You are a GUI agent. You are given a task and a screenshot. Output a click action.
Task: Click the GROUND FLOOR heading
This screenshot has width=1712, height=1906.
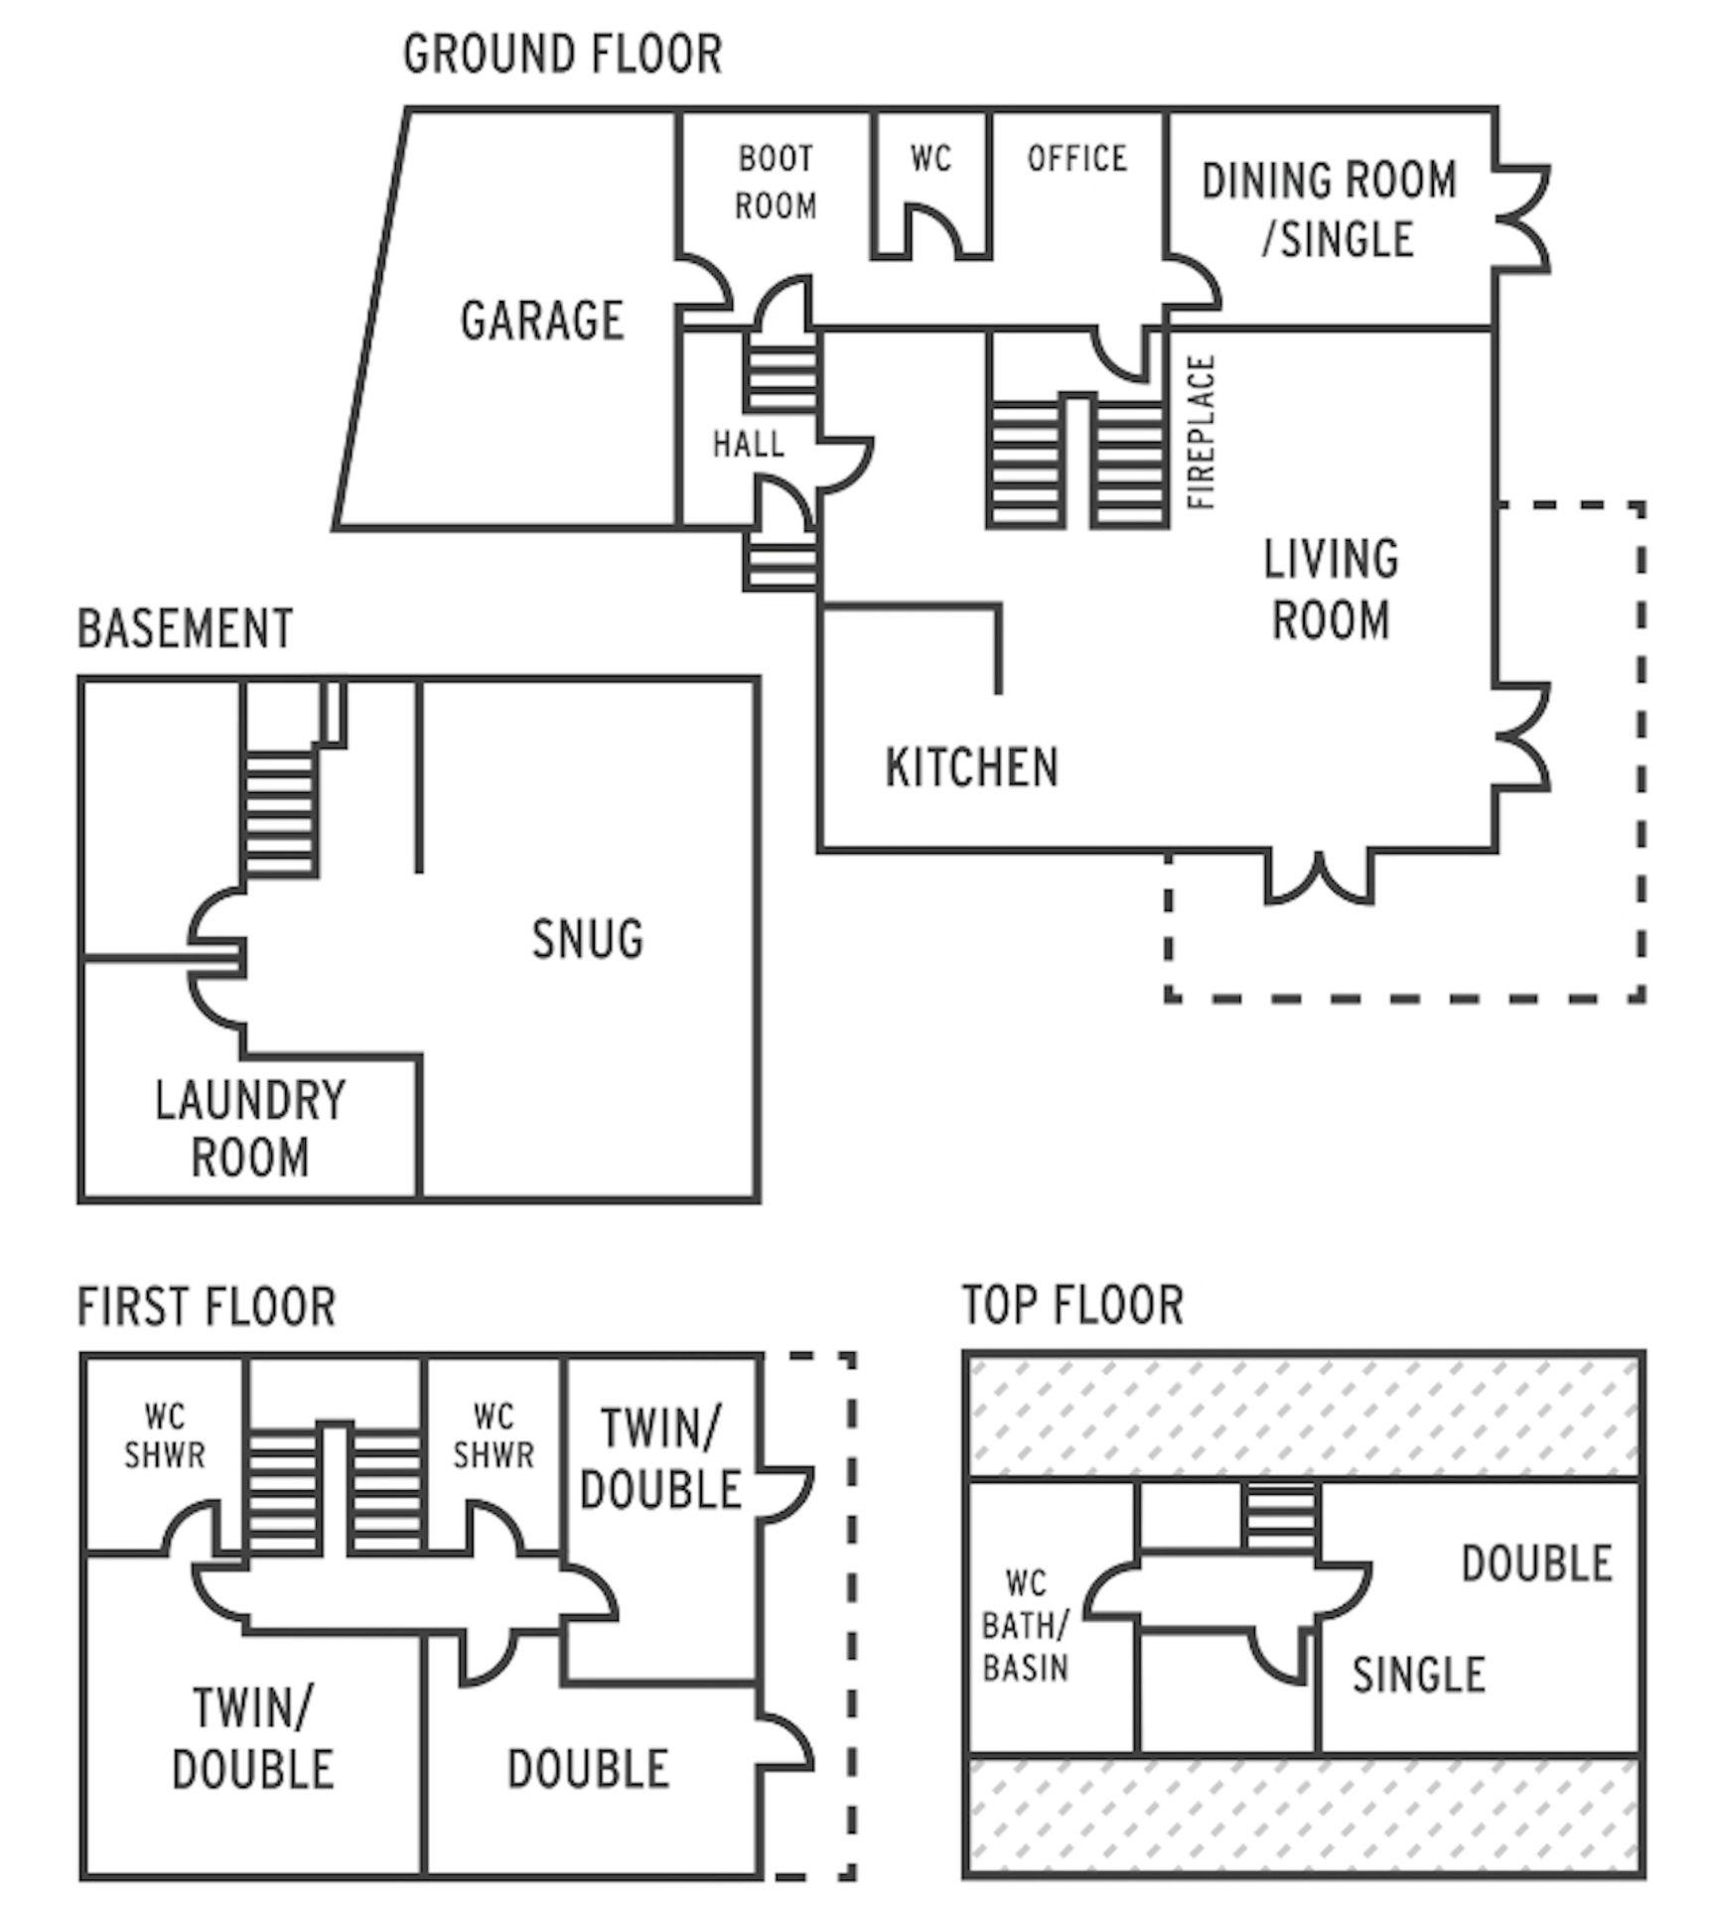pos(562,54)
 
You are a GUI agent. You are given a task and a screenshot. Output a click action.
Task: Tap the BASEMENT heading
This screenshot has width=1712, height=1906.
pos(186,628)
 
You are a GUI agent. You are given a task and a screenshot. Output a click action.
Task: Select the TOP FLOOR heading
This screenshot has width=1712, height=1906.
pos(1072,1304)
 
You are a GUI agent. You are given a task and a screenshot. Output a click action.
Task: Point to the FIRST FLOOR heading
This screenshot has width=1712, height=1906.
pos(207,1306)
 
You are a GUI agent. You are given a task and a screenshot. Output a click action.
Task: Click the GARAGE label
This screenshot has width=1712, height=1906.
pos(542,321)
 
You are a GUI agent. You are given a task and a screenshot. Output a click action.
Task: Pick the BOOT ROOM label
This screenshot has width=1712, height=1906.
pos(777,183)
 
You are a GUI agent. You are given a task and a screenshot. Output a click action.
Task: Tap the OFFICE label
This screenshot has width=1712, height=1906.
pos(1077,159)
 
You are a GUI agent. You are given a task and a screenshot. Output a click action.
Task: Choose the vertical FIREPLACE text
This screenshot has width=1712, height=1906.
pos(1202,433)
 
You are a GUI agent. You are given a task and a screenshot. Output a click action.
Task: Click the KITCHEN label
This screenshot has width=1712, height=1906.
pos(972,767)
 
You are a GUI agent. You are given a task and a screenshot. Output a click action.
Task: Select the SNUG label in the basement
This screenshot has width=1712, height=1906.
pos(588,939)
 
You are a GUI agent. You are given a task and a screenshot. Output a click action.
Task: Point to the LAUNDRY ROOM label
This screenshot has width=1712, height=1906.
pos(250,1129)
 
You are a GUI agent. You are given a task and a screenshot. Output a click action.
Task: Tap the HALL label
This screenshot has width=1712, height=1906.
pos(749,444)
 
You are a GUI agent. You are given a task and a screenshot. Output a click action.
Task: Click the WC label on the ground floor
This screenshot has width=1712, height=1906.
pos(930,159)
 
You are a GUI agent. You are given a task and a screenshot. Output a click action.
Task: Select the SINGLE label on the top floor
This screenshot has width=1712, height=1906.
pos(1418,1675)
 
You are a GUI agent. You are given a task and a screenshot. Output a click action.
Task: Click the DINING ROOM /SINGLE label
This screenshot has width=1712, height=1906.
pos(1330,209)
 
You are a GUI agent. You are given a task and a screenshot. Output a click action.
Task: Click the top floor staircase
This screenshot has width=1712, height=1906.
pos(1281,1516)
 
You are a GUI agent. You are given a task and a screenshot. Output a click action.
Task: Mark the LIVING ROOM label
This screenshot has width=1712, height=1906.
pos(1331,589)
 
